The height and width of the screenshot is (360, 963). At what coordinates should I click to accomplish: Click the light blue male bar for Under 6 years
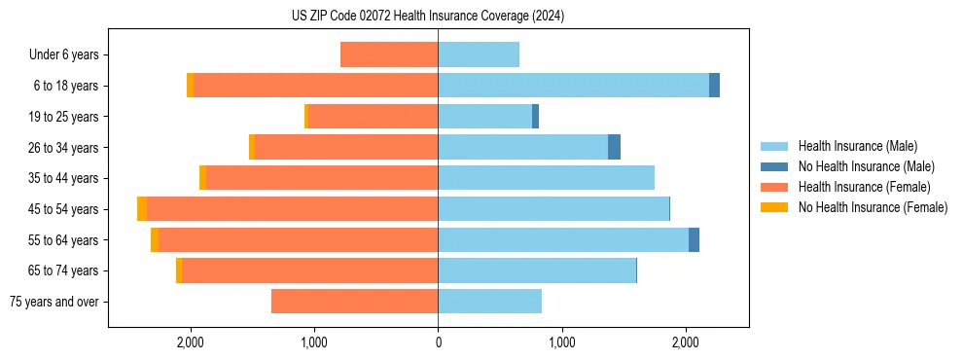coord(479,54)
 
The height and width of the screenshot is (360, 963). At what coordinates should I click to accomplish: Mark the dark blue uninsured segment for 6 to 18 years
coord(714,86)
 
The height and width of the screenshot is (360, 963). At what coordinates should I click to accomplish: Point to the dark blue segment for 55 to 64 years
coord(694,240)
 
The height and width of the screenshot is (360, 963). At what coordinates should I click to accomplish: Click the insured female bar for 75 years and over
coord(354,302)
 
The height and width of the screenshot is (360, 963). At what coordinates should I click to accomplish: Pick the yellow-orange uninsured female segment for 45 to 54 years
coord(142,209)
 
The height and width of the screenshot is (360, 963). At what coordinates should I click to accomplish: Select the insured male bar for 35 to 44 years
coord(546,178)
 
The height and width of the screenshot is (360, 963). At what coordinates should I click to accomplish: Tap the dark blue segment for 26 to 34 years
coord(614,147)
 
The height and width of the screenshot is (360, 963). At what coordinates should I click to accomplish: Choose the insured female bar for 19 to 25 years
coord(373,117)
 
